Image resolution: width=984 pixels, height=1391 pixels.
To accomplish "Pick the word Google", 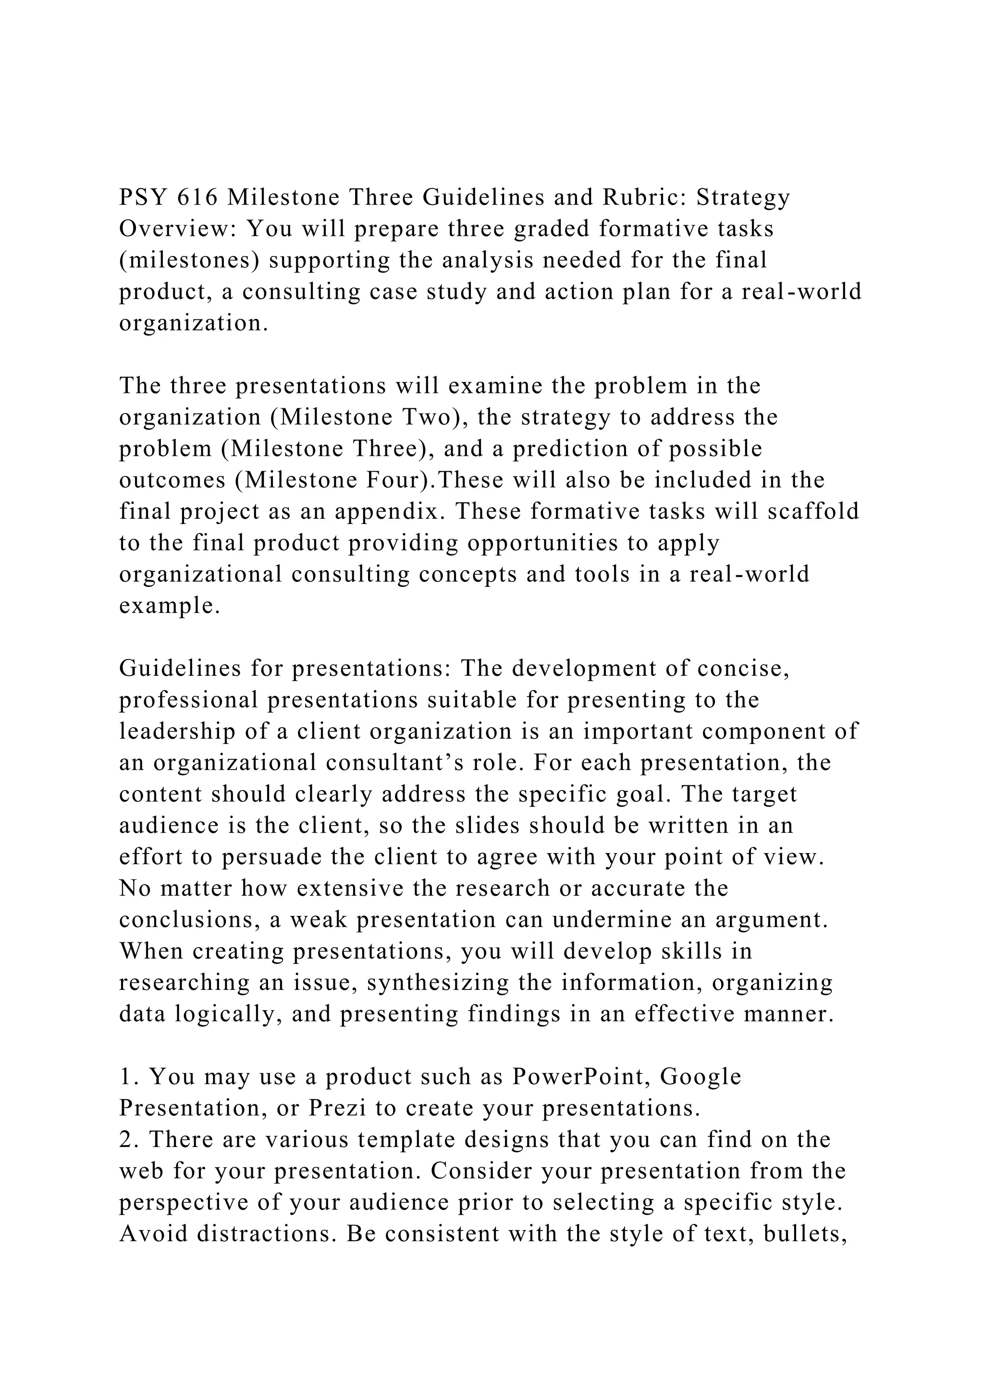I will tap(701, 1076).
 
